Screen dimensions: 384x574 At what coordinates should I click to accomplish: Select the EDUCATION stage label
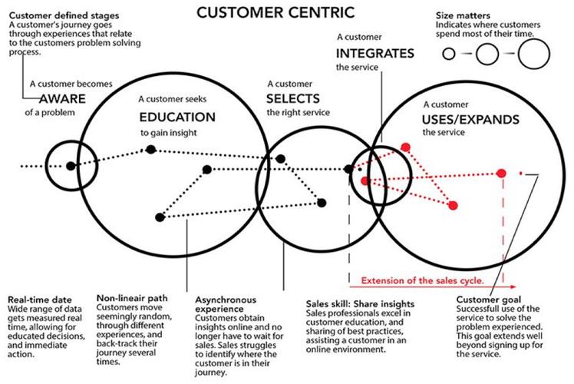177,118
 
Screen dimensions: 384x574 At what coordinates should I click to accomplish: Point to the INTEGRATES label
375,53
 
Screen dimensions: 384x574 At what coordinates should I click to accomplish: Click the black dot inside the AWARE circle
71,165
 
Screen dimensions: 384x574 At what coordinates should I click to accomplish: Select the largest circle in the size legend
533,53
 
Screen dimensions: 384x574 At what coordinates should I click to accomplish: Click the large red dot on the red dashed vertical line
502,173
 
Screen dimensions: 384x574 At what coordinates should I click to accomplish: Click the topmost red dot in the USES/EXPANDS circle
406,146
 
